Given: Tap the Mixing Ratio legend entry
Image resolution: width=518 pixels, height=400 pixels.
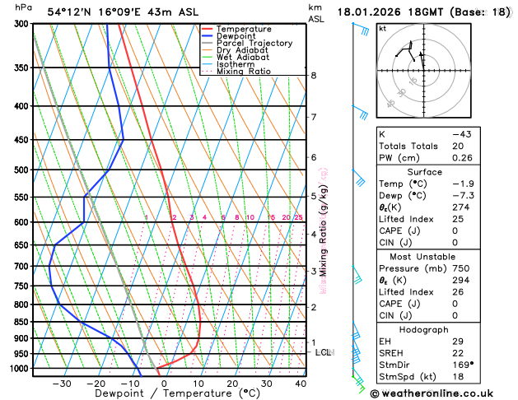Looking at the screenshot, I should click(x=248, y=72).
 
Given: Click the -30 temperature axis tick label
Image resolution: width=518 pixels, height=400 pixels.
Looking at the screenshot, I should click(x=61, y=384).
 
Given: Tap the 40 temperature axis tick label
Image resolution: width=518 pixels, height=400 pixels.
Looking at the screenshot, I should click(x=301, y=384).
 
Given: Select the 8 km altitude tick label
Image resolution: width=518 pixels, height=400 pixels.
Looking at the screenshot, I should click(x=314, y=76).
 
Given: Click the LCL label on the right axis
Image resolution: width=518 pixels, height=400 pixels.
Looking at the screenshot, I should click(x=324, y=352).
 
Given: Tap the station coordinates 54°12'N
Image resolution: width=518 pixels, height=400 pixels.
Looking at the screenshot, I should click(x=72, y=12).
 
